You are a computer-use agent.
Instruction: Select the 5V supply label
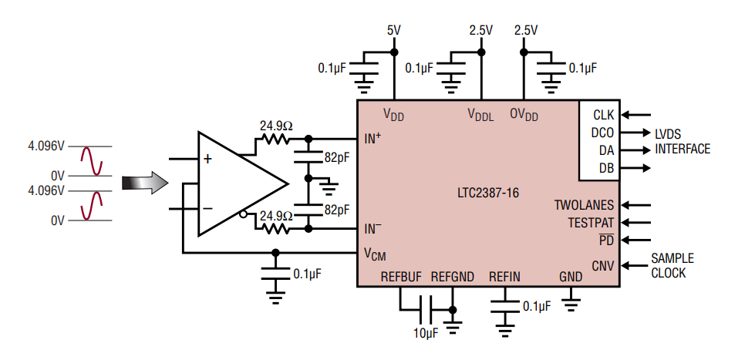click(394, 31)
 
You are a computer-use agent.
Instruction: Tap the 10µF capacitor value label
click(425, 332)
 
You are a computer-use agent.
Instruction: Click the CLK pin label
click(603, 115)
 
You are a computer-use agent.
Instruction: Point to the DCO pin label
click(602, 133)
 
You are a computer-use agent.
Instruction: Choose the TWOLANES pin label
click(584, 205)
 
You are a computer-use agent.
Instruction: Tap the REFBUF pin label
click(400, 278)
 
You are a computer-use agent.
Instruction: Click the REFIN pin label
click(504, 278)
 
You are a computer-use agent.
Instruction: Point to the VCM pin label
click(374, 254)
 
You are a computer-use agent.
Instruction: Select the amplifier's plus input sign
click(207, 159)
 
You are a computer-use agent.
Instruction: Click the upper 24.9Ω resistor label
click(276, 126)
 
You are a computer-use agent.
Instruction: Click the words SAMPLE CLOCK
click(672, 266)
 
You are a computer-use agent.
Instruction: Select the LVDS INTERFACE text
click(682, 141)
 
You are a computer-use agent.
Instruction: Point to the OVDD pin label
click(524, 115)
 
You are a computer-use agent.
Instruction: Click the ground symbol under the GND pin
click(571, 301)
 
